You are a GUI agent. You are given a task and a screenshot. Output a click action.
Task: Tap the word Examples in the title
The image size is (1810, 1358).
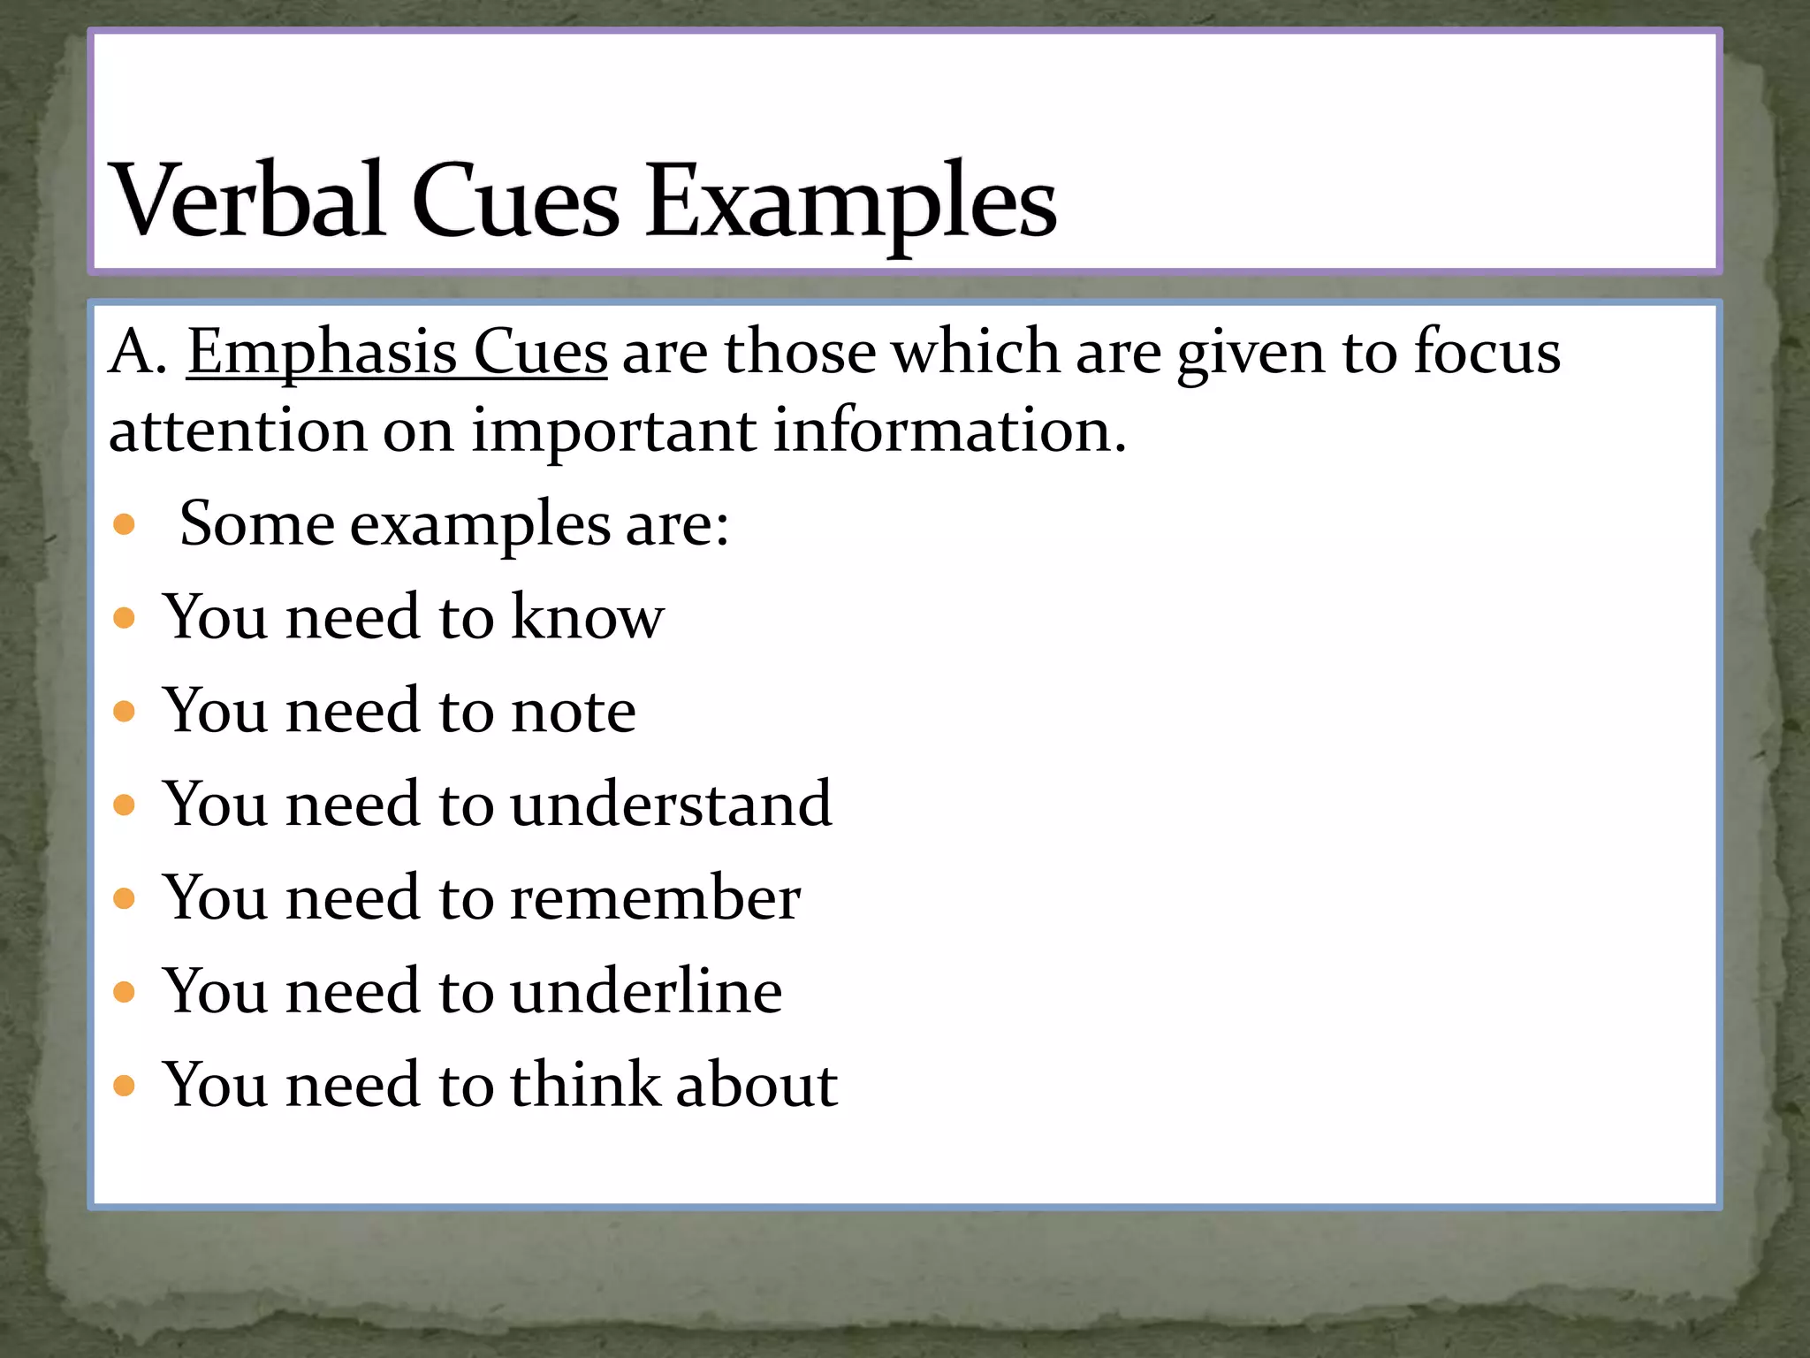click(x=850, y=203)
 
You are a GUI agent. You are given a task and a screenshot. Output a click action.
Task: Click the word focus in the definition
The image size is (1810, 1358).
click(x=1487, y=353)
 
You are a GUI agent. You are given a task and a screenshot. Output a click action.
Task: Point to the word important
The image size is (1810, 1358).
click(x=613, y=431)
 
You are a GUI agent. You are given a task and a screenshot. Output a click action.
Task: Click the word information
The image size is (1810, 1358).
click(x=949, y=431)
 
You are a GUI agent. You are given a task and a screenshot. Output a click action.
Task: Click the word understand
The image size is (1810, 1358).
click(x=671, y=804)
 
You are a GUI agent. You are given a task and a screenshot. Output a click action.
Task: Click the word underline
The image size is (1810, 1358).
click(x=646, y=991)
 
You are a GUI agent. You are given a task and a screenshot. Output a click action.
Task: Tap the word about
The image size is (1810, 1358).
click(x=756, y=1085)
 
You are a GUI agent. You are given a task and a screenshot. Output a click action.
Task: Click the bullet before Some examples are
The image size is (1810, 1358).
click(x=125, y=525)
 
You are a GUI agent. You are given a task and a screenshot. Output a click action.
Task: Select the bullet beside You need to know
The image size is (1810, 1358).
click(x=125, y=617)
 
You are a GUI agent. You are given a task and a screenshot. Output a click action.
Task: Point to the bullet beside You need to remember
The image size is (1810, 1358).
click(x=125, y=899)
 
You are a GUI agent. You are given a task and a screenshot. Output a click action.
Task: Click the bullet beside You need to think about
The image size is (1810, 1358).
click(x=125, y=1086)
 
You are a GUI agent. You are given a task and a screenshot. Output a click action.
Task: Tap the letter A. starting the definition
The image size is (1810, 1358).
click(x=136, y=353)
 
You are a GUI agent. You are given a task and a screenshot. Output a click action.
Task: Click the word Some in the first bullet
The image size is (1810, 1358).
click(x=256, y=523)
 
